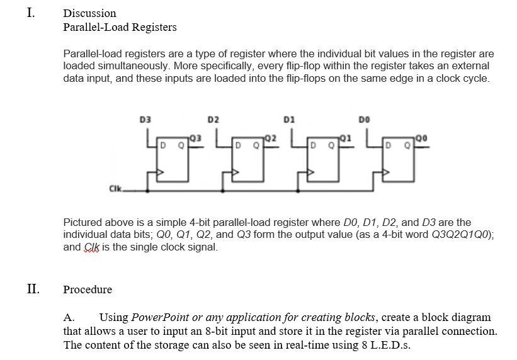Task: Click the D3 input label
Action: click(145, 118)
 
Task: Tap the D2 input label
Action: click(213, 118)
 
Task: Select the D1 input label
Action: click(289, 118)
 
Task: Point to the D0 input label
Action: click(363, 118)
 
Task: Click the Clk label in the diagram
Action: click(115, 188)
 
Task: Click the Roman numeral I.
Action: click(31, 12)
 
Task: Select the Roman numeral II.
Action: click(33, 289)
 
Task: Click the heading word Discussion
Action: click(89, 13)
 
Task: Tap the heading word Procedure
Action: click(88, 290)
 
